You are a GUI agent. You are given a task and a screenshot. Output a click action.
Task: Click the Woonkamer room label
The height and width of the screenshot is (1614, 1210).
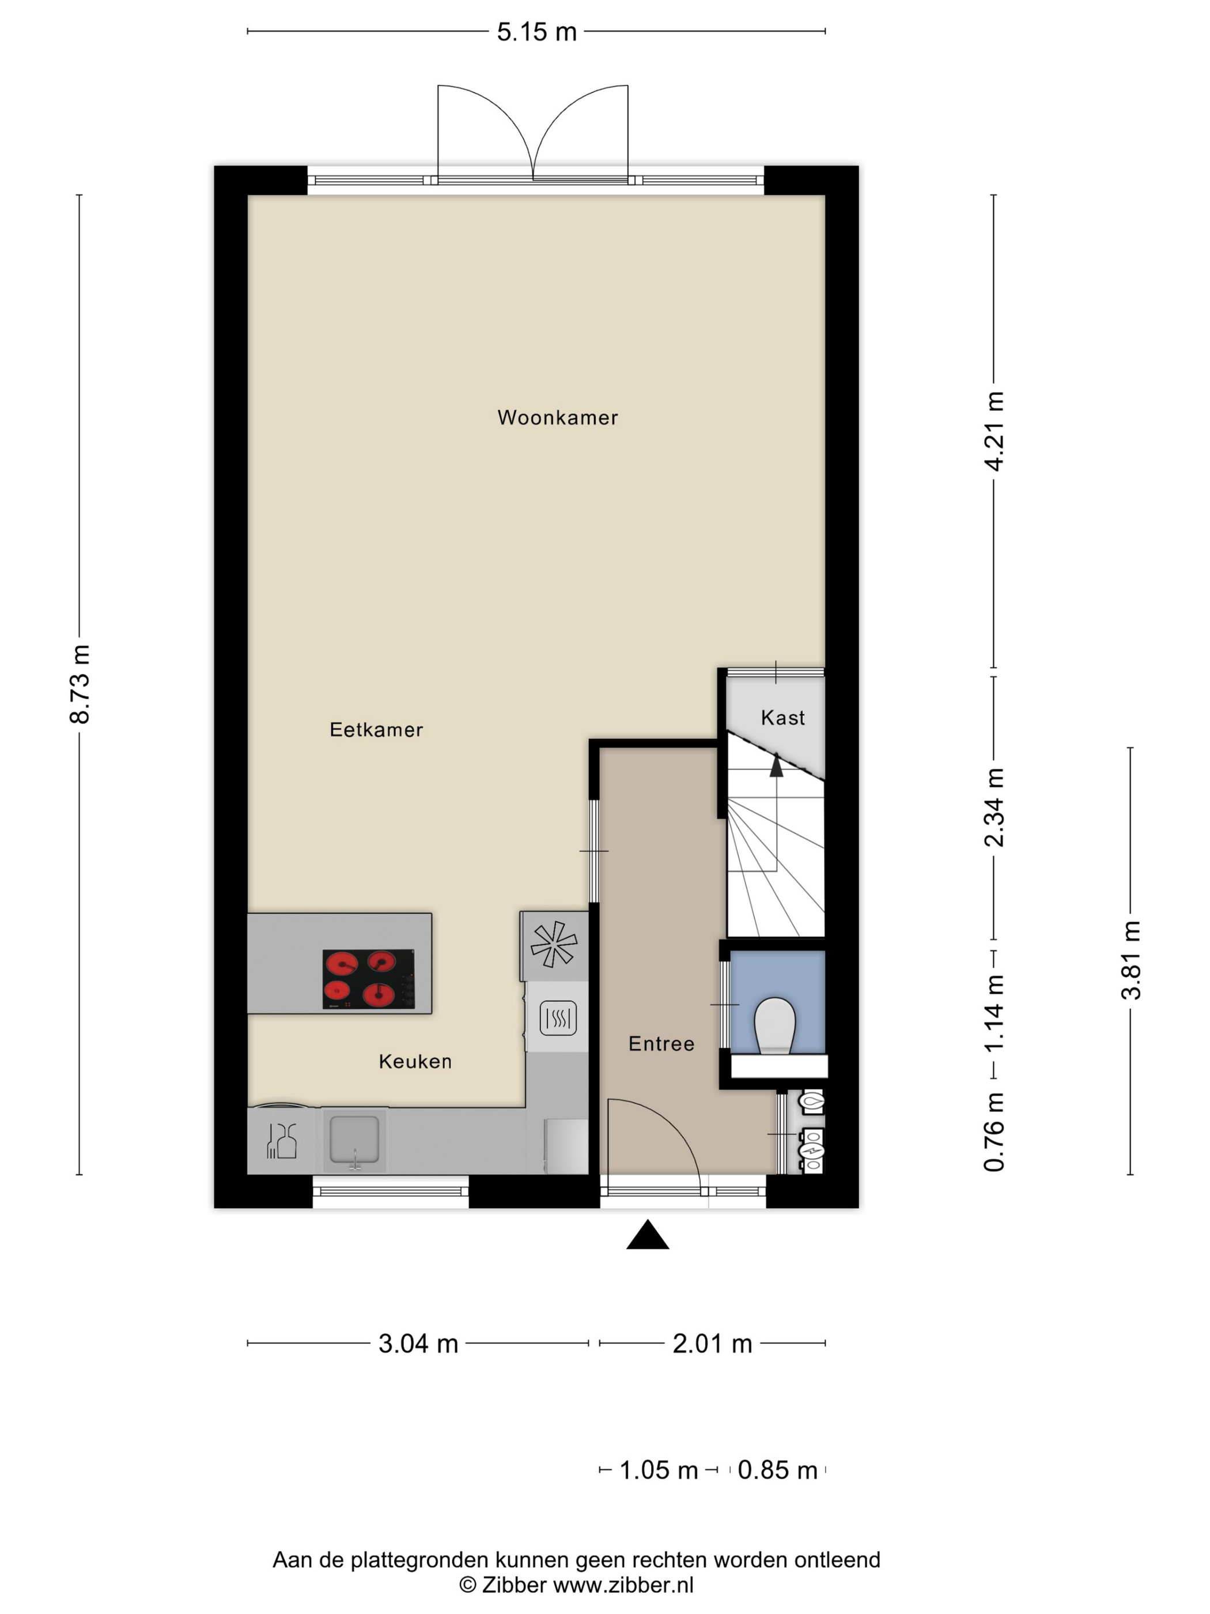pyautogui.click(x=557, y=417)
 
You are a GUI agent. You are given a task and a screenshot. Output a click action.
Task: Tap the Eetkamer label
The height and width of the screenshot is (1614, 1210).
pyautogui.click(x=376, y=730)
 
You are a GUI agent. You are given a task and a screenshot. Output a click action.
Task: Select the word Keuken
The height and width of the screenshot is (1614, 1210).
pyautogui.click(x=415, y=1062)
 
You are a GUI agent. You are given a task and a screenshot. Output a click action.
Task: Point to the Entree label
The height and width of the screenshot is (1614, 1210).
pyautogui.click(x=661, y=1044)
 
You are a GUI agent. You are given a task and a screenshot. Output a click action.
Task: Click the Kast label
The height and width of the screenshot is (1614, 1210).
pyautogui.click(x=782, y=718)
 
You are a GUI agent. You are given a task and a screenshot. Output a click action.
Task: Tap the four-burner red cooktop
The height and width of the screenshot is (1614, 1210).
pyautogui.click(x=368, y=979)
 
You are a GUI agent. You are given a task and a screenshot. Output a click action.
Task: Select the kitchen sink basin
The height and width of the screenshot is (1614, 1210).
pyautogui.click(x=354, y=1139)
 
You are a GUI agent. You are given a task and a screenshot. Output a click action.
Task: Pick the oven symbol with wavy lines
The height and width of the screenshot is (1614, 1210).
pyautogui.click(x=558, y=1018)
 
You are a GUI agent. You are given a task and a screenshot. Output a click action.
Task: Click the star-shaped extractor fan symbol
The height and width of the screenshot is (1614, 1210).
pyautogui.click(x=554, y=944)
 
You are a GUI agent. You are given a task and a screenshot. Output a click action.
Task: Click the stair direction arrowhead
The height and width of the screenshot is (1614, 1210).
pyautogui.click(x=776, y=766)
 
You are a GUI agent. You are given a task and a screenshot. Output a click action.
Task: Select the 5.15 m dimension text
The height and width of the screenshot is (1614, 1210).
pyautogui.click(x=537, y=32)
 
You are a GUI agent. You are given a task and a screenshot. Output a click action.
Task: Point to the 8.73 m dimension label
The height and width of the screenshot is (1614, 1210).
pyautogui.click(x=80, y=684)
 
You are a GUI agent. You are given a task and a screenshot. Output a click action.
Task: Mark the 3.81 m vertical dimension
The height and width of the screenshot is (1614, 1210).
pyautogui.click(x=1130, y=960)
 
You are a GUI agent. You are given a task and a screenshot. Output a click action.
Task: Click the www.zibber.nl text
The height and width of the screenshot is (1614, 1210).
pyautogui.click(x=623, y=1585)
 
